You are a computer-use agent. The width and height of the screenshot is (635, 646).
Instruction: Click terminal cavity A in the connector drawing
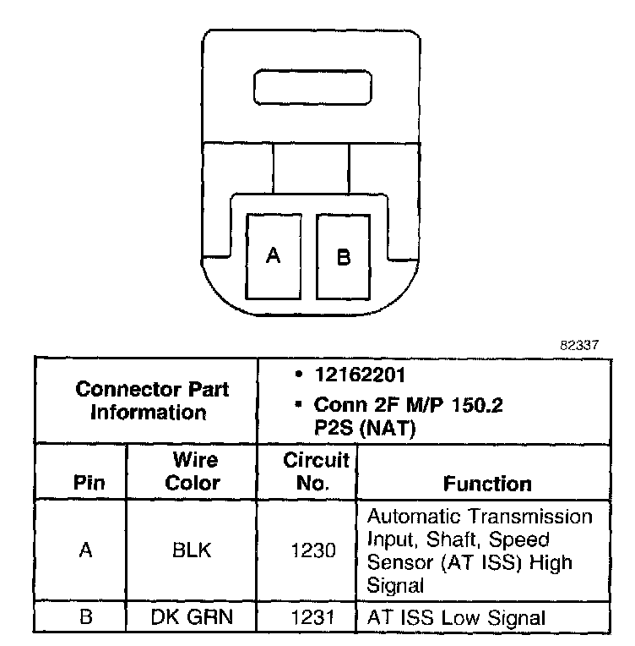pyautogui.click(x=273, y=256)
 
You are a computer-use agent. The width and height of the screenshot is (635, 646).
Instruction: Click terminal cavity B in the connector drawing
pyautogui.click(x=344, y=256)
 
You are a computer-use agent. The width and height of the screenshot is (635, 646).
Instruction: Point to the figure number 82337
pyautogui.click(x=579, y=346)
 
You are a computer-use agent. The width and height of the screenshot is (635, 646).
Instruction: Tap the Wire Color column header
pyautogui.click(x=193, y=472)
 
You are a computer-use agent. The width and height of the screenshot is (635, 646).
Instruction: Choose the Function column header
pyautogui.click(x=487, y=483)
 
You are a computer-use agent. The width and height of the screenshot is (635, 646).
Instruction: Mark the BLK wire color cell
pyautogui.click(x=193, y=550)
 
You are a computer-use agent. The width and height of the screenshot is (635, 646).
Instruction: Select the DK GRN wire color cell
pyautogui.click(x=193, y=617)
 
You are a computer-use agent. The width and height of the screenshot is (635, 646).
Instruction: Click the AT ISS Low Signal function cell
pyautogui.click(x=457, y=617)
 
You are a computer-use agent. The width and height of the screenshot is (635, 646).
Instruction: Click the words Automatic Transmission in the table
pyautogui.click(x=480, y=517)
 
